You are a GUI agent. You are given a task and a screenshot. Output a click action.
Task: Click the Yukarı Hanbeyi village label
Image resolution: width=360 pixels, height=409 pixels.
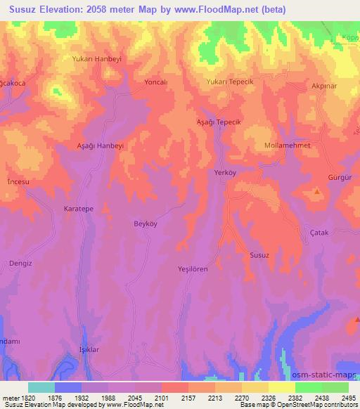pos(97,59)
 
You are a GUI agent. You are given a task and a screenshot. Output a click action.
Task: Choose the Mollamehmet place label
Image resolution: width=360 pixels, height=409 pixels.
pos(286,145)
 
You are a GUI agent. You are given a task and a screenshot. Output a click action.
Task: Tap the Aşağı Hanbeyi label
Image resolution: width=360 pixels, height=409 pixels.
pos(100,145)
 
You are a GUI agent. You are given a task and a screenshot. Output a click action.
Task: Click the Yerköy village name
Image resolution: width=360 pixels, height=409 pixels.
pos(225,172)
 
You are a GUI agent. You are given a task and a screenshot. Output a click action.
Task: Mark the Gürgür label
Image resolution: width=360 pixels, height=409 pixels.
pos(339,178)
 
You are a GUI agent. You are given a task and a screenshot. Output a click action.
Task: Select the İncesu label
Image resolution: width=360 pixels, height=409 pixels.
pos(18,181)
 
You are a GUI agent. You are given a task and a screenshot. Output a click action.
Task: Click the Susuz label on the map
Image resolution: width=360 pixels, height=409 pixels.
pos(259,255)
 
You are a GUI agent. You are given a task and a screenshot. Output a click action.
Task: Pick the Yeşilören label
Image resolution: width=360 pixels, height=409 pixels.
pos(193,269)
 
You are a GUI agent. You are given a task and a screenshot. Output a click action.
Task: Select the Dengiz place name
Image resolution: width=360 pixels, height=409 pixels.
pos(21,264)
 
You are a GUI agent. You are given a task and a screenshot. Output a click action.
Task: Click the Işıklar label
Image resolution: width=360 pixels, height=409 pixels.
pos(89,350)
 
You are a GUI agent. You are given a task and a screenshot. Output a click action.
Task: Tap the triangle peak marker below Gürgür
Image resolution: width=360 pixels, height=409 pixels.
pos(317,191)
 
